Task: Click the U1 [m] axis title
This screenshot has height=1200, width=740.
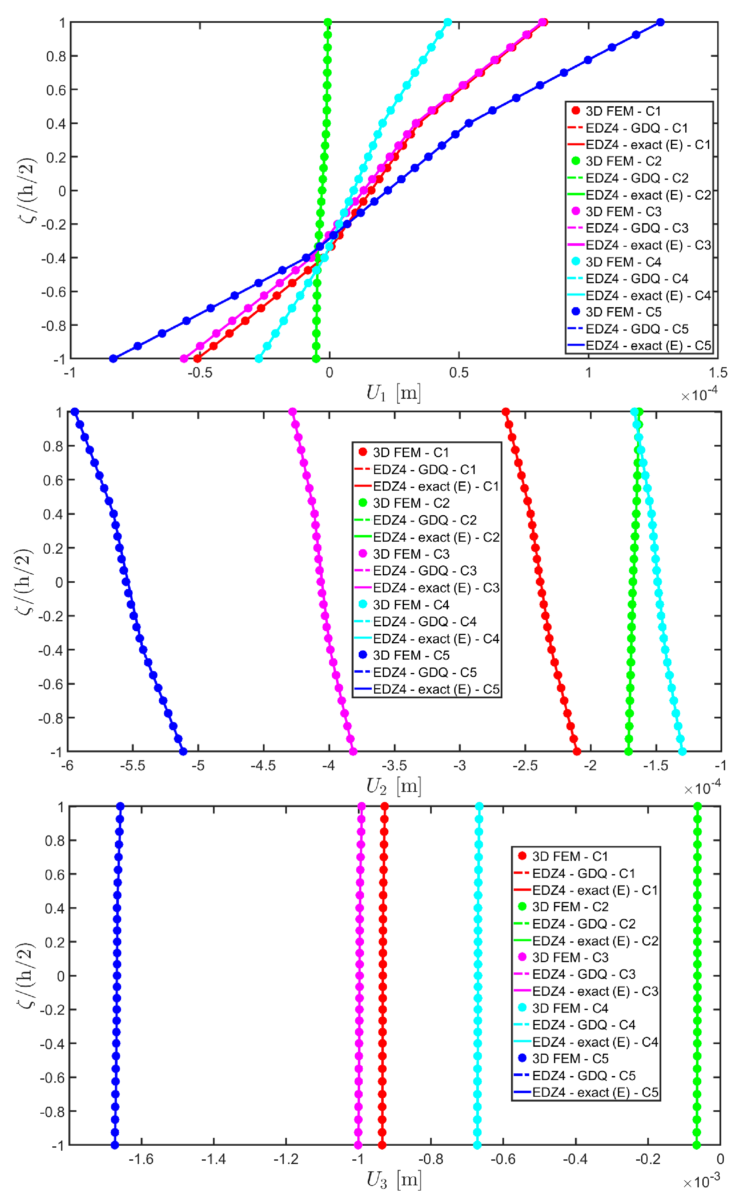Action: (394, 393)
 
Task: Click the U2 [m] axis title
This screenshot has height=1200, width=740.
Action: (394, 786)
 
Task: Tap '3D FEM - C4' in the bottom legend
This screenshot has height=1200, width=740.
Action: (570, 1008)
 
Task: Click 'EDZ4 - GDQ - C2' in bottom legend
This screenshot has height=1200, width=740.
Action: (583, 924)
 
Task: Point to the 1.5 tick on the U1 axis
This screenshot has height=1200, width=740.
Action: (717, 372)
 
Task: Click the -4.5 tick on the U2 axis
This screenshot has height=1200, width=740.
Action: (263, 765)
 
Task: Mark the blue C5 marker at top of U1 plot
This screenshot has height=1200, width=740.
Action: (660, 22)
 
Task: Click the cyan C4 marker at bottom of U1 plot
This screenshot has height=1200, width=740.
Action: (259, 359)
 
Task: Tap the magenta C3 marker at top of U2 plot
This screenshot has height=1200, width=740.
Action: (292, 412)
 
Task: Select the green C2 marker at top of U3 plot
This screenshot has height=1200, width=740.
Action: (697, 806)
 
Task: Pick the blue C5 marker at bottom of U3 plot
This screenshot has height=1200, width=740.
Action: (115, 1145)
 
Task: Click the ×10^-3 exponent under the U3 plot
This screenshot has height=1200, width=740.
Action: (701, 1181)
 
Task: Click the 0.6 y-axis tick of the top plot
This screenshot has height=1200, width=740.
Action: (56, 90)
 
